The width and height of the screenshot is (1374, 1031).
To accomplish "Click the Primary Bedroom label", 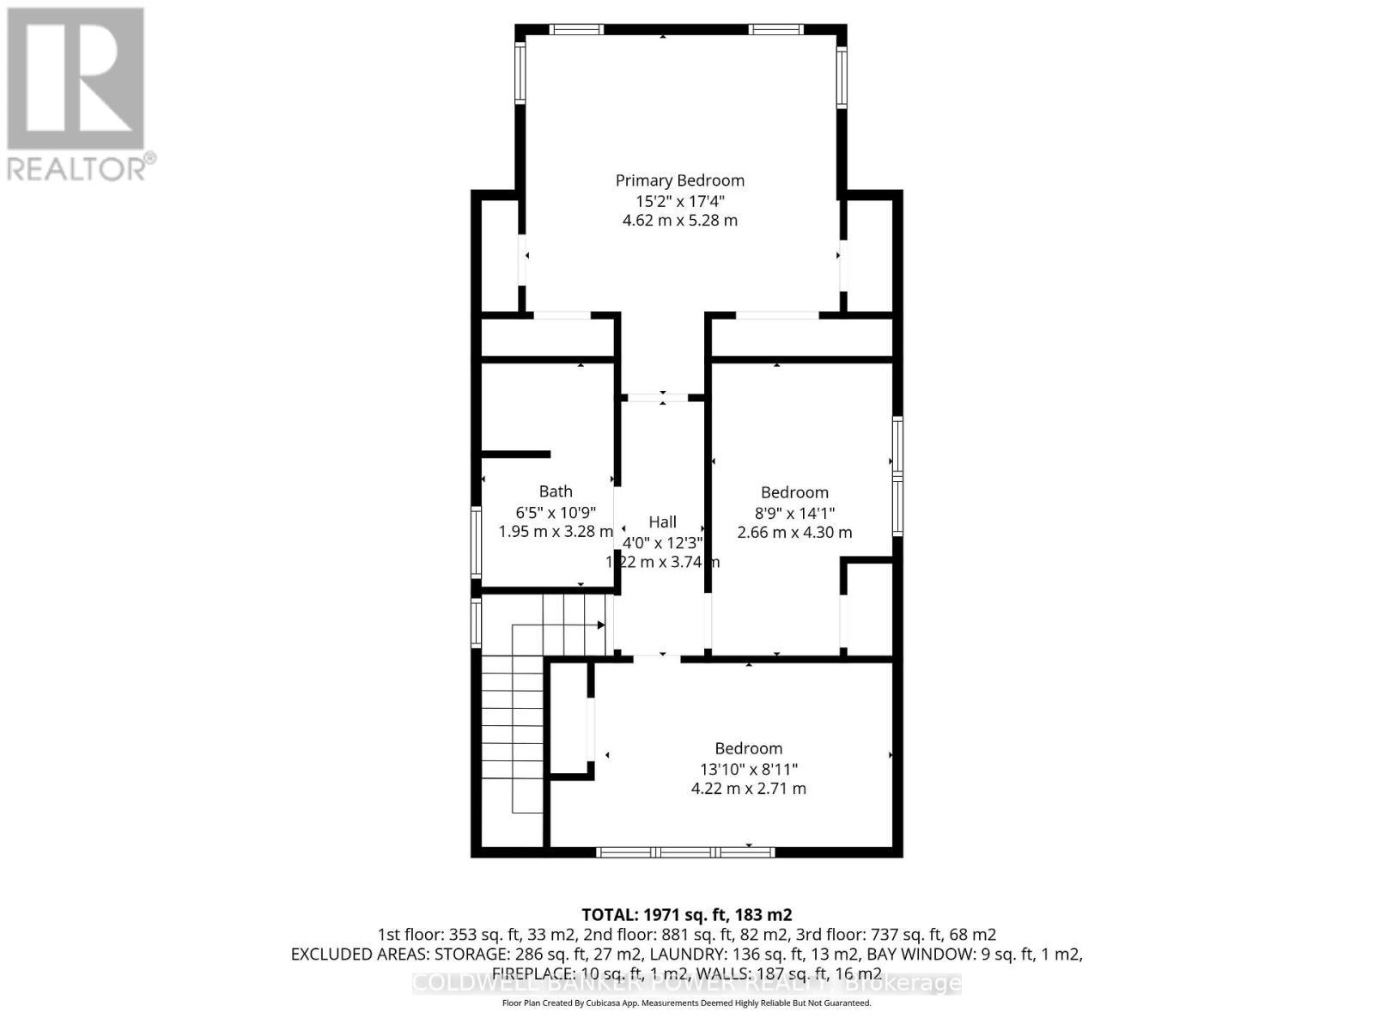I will (679, 180).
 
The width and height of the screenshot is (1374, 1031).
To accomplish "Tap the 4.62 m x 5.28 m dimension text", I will (679, 221).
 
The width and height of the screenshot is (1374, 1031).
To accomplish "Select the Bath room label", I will (556, 491).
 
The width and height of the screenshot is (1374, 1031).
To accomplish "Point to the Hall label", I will (662, 522).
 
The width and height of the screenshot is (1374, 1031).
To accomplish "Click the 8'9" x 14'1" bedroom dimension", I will (794, 513).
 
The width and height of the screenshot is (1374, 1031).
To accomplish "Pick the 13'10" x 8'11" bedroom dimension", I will (748, 769).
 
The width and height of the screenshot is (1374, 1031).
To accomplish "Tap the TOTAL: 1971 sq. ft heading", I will (686, 914).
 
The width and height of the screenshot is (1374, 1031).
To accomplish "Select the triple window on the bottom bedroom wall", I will (685, 852).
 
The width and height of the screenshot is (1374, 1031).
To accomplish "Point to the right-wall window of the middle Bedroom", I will (897, 475).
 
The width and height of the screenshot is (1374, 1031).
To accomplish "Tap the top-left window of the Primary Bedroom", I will (576, 30).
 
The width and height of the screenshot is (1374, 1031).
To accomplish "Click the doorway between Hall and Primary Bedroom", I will (662, 398).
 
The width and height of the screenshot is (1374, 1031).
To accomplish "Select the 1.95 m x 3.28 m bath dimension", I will (556, 532).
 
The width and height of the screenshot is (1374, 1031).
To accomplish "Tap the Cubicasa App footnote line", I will (686, 1003).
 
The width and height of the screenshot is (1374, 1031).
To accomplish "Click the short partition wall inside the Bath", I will (516, 454).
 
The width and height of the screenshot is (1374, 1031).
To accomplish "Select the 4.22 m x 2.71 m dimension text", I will (748, 789).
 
